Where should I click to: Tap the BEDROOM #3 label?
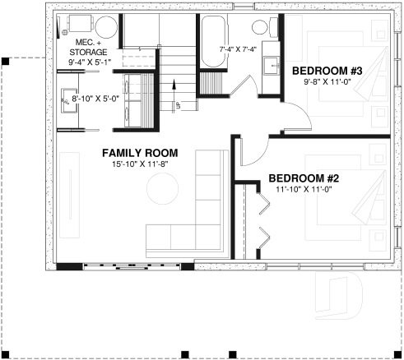click(x=327, y=71)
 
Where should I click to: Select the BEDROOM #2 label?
click(x=303, y=178)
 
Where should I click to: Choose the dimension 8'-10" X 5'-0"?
click(x=96, y=98)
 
